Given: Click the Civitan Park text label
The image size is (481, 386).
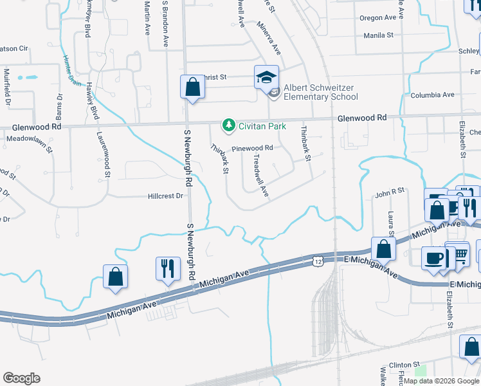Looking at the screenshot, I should (262, 126).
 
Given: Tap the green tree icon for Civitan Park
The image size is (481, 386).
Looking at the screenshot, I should (227, 124).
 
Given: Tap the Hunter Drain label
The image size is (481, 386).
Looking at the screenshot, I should (73, 70).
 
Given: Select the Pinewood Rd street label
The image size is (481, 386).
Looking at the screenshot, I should (253, 148).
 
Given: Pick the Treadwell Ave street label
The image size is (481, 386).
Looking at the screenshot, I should (260, 175).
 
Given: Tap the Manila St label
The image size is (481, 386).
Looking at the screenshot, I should (377, 36).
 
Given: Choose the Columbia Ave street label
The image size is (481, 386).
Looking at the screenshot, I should (433, 95).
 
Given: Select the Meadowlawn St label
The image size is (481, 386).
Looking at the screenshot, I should (28, 138).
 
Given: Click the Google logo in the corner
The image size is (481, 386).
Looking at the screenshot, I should (22, 378).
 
